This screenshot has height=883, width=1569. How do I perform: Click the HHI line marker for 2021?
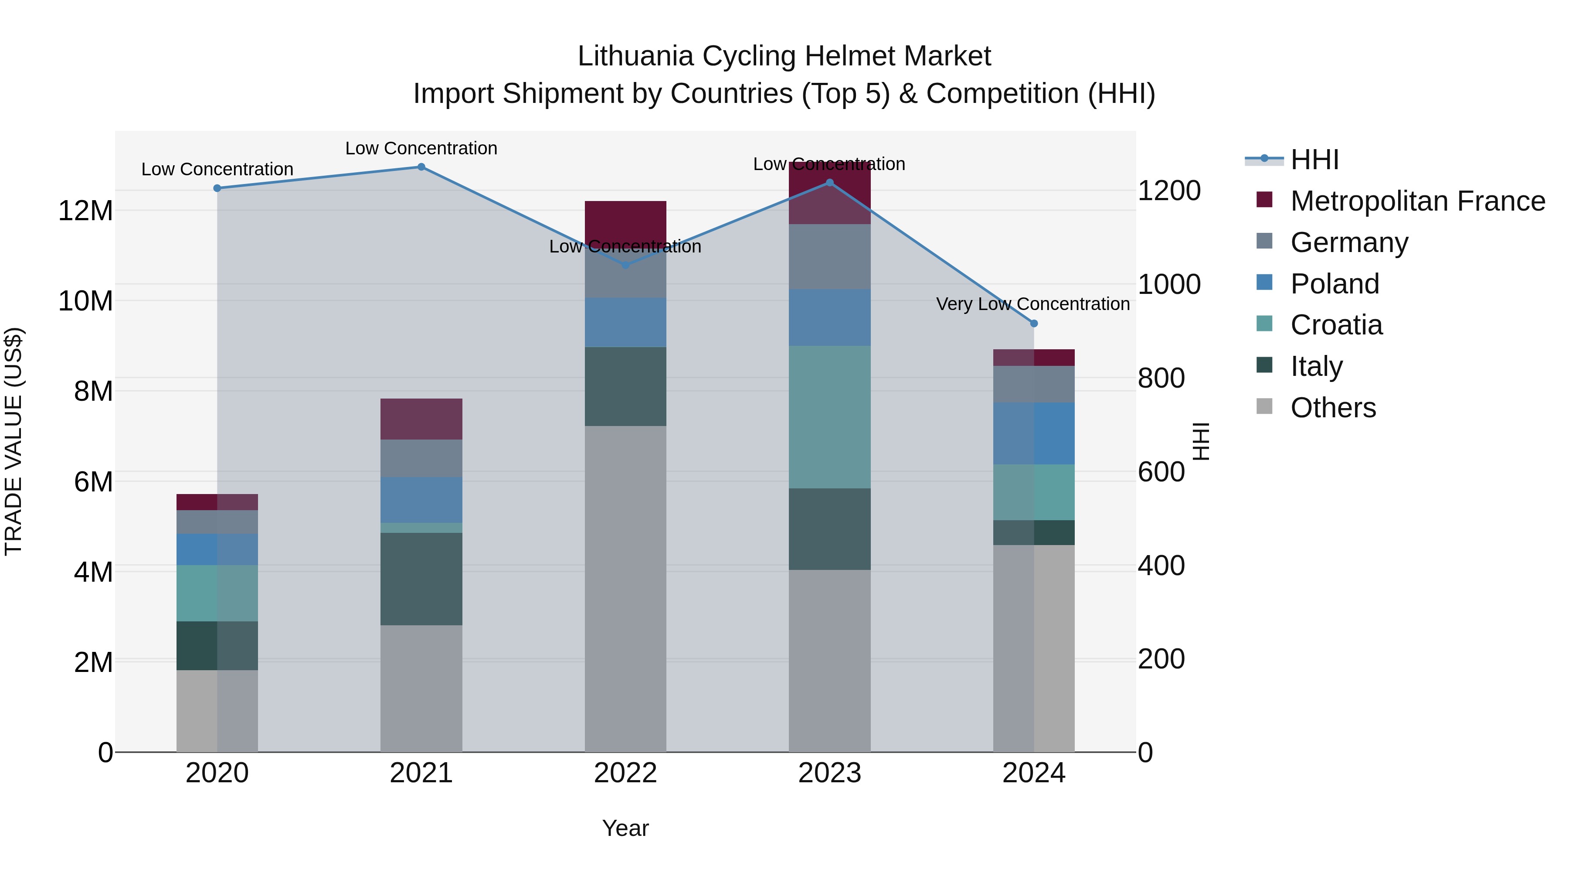tap(421, 167)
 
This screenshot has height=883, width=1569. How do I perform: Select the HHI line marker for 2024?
tap(1034, 324)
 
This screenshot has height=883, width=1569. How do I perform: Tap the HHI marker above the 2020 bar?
tap(217, 188)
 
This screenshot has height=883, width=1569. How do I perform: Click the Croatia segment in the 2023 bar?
tap(829, 417)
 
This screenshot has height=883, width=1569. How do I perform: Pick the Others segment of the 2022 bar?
tap(625, 588)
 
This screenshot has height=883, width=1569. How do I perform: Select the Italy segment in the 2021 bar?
tap(421, 579)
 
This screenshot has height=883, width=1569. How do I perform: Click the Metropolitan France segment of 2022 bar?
tap(625, 221)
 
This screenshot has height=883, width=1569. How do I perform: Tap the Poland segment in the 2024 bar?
tap(1034, 433)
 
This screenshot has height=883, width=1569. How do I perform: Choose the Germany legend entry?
tap(1348, 242)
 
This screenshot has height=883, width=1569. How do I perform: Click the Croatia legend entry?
tap(1336, 325)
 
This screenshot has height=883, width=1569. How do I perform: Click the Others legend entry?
tap(1333, 408)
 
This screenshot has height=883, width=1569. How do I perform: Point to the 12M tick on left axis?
tap(85, 211)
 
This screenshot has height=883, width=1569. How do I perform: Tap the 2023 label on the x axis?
tap(829, 773)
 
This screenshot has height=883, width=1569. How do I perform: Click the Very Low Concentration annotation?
tap(1032, 303)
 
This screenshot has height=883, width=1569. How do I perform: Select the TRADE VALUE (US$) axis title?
tap(14, 441)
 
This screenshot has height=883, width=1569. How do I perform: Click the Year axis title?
tap(625, 828)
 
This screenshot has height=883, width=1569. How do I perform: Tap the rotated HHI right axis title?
tap(1201, 441)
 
